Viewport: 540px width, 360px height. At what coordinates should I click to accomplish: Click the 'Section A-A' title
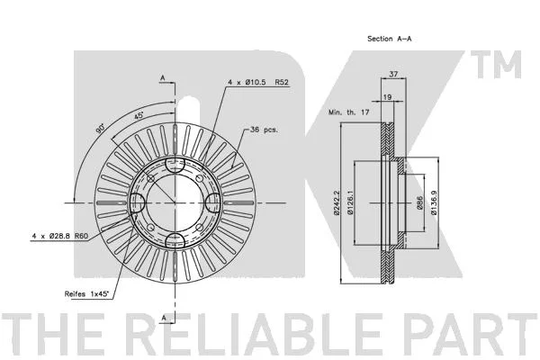click(x=389, y=39)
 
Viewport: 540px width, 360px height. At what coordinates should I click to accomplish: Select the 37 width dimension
click(x=393, y=74)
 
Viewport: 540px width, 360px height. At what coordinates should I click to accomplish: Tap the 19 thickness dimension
click(x=387, y=97)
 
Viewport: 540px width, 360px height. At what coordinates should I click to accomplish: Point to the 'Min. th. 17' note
click(x=349, y=112)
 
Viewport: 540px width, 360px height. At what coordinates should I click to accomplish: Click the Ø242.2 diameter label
click(x=337, y=202)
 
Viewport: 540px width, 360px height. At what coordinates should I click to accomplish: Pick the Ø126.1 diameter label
click(x=350, y=202)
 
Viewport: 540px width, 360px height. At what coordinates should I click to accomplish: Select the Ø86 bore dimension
click(x=419, y=202)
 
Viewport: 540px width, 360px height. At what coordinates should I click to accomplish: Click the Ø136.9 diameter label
click(x=434, y=202)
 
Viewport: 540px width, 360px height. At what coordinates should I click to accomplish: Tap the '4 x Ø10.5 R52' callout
click(x=258, y=82)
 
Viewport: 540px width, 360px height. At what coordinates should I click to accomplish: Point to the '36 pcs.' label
click(x=264, y=130)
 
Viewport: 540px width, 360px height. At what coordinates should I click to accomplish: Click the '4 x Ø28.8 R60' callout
click(x=60, y=236)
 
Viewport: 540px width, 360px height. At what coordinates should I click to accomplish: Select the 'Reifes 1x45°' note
click(x=86, y=294)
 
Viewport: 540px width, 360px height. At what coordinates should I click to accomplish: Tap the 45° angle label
click(x=139, y=115)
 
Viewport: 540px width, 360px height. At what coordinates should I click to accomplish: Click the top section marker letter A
click(x=163, y=78)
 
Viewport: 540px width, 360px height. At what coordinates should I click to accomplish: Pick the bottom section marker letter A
click(x=164, y=318)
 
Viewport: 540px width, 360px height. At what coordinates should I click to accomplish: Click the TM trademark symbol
click(x=496, y=65)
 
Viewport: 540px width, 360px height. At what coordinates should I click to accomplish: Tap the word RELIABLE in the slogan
click(x=252, y=334)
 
